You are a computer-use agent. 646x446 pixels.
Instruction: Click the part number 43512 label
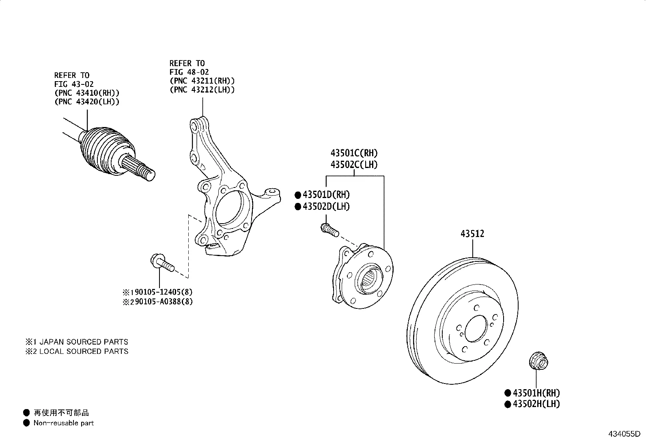point(472,234)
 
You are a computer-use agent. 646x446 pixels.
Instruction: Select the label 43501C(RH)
point(354,153)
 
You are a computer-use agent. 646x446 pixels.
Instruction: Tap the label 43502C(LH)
point(354,165)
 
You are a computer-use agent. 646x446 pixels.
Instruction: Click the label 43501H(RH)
point(536,393)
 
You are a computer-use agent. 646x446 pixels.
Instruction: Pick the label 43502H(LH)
point(536,404)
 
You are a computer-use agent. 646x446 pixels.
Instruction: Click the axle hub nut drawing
point(538,361)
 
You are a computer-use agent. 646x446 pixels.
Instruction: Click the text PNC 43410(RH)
point(87,93)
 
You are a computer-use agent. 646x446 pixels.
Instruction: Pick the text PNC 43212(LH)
point(202,90)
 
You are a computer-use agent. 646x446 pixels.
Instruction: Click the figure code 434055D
point(623,434)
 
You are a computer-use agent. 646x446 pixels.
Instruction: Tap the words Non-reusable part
point(63,423)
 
